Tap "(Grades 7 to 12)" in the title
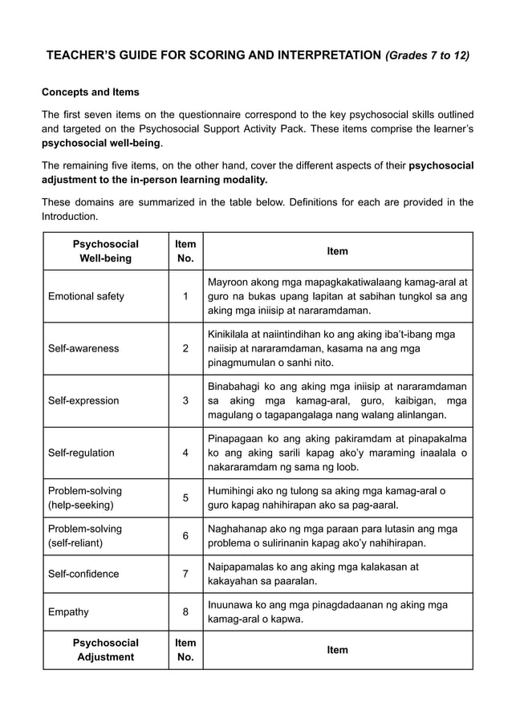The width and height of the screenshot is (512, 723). point(428,56)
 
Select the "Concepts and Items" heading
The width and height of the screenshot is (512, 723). point(91,92)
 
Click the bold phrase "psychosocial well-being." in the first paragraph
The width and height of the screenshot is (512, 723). point(102,144)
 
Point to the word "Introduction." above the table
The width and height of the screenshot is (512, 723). point(72,217)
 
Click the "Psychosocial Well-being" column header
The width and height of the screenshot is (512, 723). point(105,251)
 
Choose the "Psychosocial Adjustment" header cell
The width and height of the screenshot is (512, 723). point(105,650)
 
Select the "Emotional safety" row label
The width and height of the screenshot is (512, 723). point(86,296)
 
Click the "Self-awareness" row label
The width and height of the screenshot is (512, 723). point(83,348)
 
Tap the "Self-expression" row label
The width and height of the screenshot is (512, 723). point(83,400)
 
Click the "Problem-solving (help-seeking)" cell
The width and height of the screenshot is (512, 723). point(85,498)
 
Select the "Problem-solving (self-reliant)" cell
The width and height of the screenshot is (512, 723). point(85,536)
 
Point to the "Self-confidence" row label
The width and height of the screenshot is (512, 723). point(83,574)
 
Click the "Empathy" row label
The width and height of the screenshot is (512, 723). point(68,611)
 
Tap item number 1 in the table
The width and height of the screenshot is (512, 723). point(185,296)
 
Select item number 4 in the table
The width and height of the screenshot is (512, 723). point(185,453)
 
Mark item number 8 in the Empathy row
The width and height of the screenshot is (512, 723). point(185,611)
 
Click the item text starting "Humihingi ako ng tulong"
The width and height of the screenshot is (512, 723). point(327,498)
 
